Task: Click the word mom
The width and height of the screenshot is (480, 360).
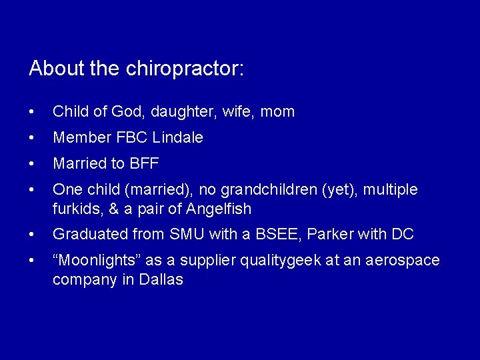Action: pos(277,112)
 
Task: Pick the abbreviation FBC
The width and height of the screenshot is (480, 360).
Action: pos(132,138)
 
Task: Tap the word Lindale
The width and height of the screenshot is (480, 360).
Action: pos(177,138)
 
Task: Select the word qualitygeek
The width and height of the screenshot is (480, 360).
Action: pos(291,261)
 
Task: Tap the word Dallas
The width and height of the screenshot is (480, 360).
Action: pos(161,279)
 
